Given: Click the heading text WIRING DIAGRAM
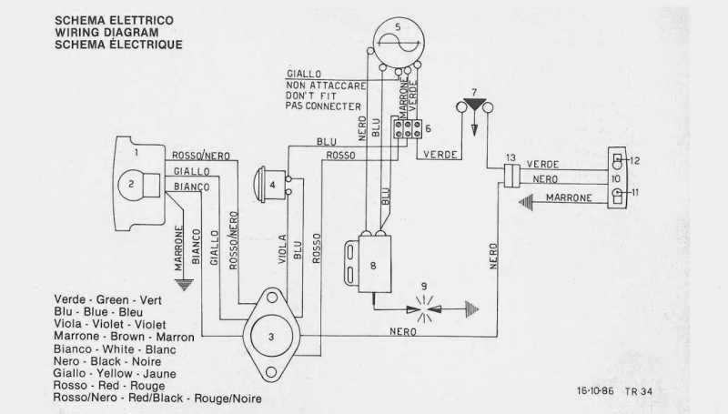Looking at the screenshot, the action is (x=106, y=33).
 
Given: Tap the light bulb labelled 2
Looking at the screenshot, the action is (x=131, y=185).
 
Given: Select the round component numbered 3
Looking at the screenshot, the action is (x=271, y=337).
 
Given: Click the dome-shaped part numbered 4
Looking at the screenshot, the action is (x=269, y=185).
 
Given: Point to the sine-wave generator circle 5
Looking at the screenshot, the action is (x=399, y=42).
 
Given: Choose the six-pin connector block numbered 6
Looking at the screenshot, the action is (x=408, y=128).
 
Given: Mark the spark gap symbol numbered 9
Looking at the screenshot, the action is (x=424, y=309).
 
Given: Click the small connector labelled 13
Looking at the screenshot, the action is (x=511, y=176).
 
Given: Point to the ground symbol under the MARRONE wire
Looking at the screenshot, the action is (x=185, y=285).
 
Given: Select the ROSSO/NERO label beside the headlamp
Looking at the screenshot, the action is (x=201, y=156).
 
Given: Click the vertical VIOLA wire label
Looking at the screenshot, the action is (x=282, y=249).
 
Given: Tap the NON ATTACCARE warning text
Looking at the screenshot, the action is (x=326, y=86).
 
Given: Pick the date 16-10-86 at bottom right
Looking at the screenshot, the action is (x=595, y=390).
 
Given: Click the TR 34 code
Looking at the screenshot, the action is (x=639, y=391).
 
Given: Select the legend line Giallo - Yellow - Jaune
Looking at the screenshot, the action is (x=115, y=373).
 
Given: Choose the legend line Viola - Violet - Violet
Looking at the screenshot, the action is (x=110, y=324).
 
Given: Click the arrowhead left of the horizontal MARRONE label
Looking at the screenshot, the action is (x=526, y=203).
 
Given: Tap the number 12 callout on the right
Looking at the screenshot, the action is (x=634, y=160).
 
